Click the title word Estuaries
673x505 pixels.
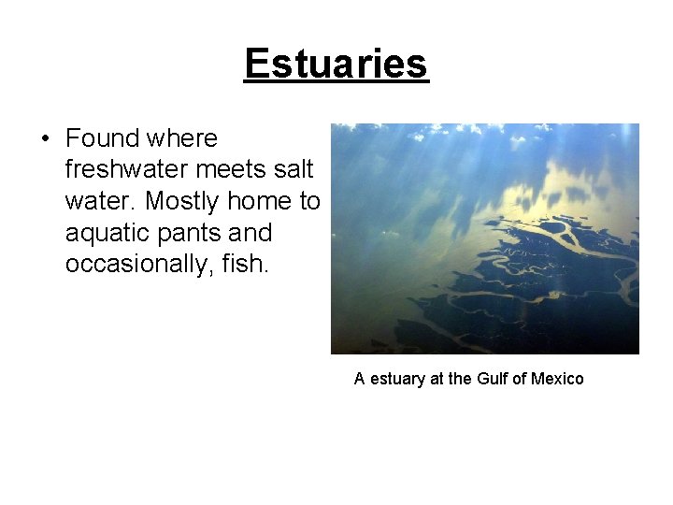click(336, 64)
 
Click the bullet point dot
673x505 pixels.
click(45, 139)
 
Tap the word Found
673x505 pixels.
click(102, 138)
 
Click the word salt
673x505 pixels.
click(294, 170)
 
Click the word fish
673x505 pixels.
click(248, 264)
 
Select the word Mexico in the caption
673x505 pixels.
click(557, 379)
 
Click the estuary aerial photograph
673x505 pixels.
click(484, 238)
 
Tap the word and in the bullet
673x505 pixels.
click(250, 233)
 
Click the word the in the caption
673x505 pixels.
click(458, 379)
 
